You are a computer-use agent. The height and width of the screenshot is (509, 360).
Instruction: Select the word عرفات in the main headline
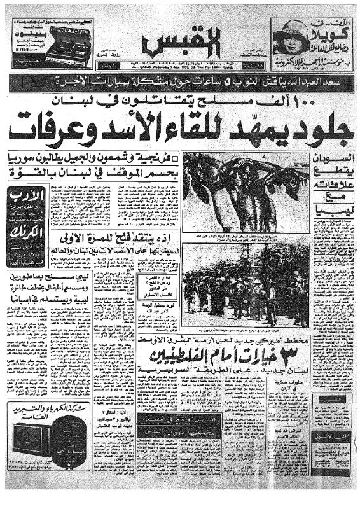[64, 129]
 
